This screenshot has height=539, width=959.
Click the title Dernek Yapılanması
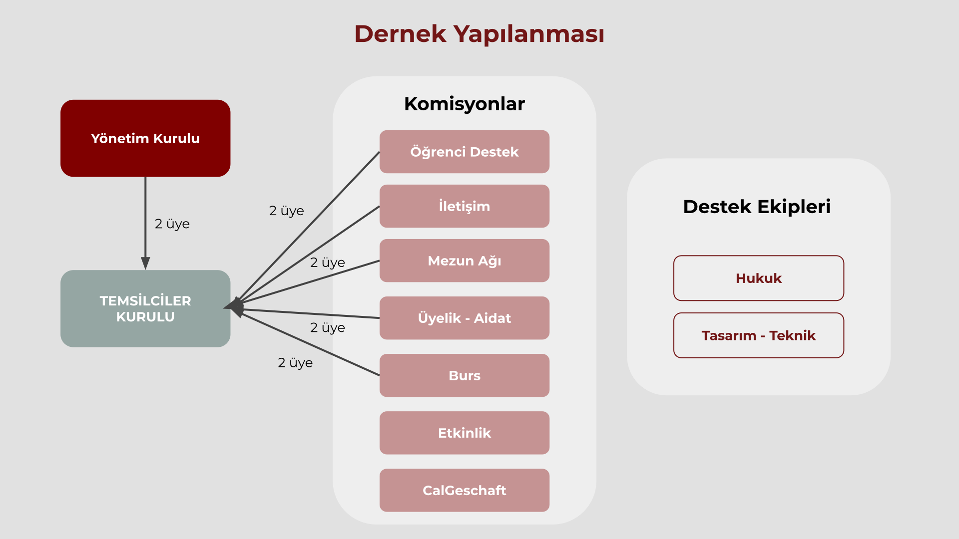pyautogui.click(x=479, y=34)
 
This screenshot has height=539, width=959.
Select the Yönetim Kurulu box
pyautogui.click(x=145, y=138)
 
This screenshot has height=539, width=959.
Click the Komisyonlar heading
pyautogui.click(x=464, y=104)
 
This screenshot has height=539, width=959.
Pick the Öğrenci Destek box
pyautogui.click(x=464, y=152)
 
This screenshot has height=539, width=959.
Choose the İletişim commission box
pyautogui.click(x=464, y=206)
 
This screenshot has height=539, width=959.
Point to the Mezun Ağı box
pyautogui.click(x=464, y=261)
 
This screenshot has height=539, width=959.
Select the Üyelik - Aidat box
pyautogui.click(x=464, y=318)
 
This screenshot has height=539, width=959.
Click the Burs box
pyautogui.click(x=464, y=375)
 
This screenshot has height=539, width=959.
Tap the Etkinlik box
pyautogui.click(x=464, y=433)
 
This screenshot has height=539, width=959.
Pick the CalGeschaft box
pyautogui.click(x=464, y=490)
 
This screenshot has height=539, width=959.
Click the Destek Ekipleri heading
pyautogui.click(x=756, y=207)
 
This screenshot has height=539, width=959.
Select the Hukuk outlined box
pyautogui.click(x=758, y=278)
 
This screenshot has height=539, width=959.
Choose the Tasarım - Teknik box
pyautogui.click(x=758, y=335)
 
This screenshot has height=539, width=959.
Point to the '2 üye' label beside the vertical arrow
pyautogui.click(x=172, y=224)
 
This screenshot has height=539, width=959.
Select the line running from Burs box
pyautogui.click(x=310, y=344)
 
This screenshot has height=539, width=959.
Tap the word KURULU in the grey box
pyautogui.click(x=145, y=317)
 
